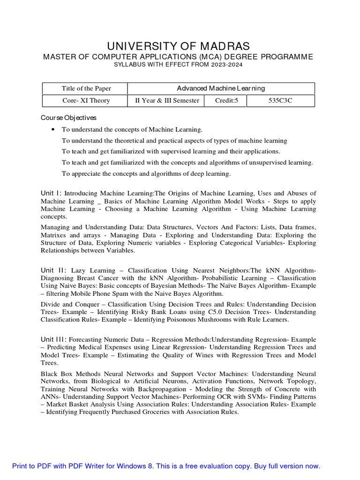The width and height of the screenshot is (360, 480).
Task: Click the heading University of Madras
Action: click(179, 46)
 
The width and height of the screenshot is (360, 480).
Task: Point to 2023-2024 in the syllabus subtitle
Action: click(227, 65)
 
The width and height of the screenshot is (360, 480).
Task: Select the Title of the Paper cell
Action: click(86, 89)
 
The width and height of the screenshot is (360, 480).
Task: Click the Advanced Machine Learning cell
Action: click(221, 88)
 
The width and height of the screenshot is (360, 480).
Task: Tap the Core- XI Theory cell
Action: click(86, 100)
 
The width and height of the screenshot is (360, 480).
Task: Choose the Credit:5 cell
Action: click(226, 100)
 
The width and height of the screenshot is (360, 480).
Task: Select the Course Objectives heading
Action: click(68, 118)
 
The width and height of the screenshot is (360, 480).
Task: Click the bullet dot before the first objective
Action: click(52, 129)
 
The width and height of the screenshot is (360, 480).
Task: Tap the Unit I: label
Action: click(51, 193)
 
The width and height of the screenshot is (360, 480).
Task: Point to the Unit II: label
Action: click(53, 270)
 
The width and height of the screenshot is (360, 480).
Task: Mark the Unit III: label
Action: click(54, 339)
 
